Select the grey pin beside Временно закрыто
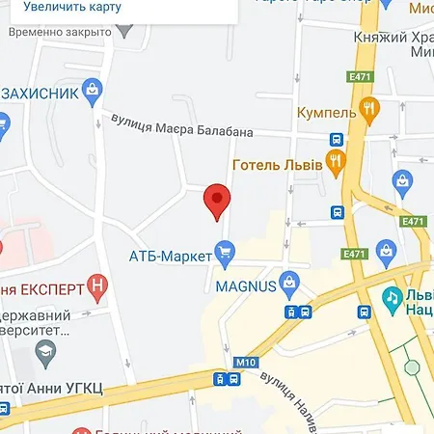(123, 31)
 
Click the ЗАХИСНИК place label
(41, 94)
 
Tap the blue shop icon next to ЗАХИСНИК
(93, 93)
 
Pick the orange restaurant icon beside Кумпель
(367, 108)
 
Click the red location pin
(218, 202)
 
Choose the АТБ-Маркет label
(170, 256)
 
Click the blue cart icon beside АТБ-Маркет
(226, 256)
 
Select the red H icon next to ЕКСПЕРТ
(96, 285)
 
